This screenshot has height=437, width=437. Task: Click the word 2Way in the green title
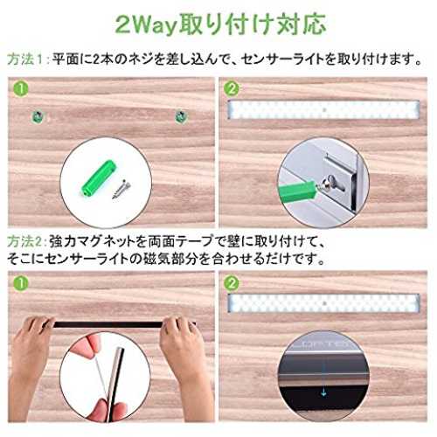tap(146, 24)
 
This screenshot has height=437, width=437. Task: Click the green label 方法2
tap(25, 242)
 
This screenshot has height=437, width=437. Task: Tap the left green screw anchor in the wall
tap(37, 117)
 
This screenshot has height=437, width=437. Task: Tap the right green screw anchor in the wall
tap(181, 117)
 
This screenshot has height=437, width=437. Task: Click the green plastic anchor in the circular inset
tap(98, 177)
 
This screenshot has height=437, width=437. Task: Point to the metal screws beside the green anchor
tap(121, 189)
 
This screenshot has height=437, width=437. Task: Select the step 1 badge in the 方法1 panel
tap(21, 89)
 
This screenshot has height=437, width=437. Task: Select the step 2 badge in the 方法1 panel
tap(232, 89)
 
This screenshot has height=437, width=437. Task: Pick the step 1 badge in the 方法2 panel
tap(21, 283)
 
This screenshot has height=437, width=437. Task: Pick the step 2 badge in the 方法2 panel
tap(232, 283)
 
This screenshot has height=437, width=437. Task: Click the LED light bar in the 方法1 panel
tap(323, 109)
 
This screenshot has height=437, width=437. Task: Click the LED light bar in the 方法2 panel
tap(323, 303)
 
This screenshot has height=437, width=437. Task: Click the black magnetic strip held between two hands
tap(108, 324)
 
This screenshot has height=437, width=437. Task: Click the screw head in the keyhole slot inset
tap(328, 183)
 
